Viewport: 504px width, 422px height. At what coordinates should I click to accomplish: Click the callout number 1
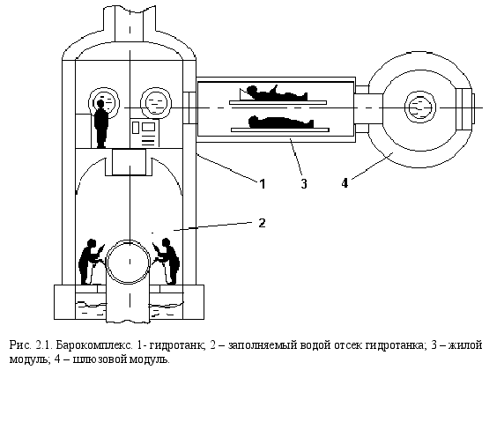(263, 184)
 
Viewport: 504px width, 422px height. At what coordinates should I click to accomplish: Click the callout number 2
(263, 223)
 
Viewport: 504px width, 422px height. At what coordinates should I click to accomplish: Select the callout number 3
(304, 184)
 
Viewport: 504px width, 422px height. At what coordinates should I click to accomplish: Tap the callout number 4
(345, 183)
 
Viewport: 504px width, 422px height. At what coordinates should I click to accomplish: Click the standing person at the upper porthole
(101, 123)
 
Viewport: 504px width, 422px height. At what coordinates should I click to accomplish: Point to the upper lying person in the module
(273, 93)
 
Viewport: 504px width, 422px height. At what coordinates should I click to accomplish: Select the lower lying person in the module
(280, 122)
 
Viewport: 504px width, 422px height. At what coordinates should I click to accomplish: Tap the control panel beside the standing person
(145, 133)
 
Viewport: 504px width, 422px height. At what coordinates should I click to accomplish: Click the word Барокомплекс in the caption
(94, 345)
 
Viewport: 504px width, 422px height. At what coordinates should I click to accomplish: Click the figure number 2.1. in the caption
(44, 345)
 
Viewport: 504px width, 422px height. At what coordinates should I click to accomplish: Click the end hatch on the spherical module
(465, 108)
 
